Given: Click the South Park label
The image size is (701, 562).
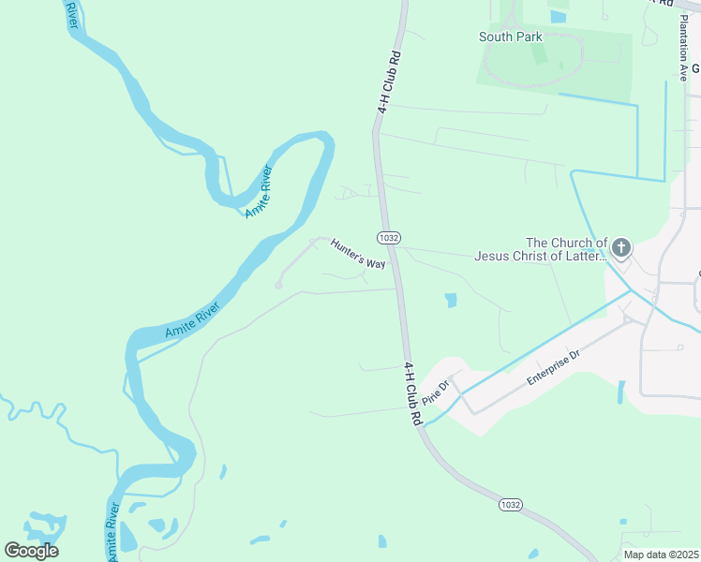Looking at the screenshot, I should [510, 37].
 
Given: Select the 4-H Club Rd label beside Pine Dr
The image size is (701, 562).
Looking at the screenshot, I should [412, 394].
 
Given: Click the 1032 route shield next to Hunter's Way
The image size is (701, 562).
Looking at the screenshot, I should [389, 237].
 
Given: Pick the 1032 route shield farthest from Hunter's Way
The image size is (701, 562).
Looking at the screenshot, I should [510, 505].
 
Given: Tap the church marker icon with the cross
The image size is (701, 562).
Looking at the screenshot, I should [621, 248].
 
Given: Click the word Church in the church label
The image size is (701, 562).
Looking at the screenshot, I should [574, 243].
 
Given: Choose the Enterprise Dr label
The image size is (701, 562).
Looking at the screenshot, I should [554, 366].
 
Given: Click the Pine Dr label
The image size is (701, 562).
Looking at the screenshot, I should [436, 389].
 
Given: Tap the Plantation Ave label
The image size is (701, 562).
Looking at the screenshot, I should [684, 57].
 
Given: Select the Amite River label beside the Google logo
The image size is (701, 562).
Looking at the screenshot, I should [112, 533].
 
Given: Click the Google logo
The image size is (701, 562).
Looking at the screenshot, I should [31, 551].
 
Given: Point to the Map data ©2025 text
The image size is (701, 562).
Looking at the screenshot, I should [660, 555].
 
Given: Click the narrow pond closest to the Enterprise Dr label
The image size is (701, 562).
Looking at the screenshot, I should [620, 392].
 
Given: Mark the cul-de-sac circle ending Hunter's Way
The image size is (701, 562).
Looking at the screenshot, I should [278, 285].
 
